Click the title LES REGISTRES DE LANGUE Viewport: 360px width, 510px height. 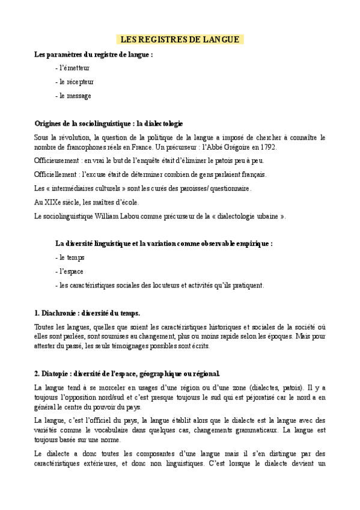click(x=180, y=40)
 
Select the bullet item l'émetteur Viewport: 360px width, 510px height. click(x=74, y=68)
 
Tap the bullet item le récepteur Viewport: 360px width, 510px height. click(x=75, y=82)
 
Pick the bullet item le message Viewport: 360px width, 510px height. click(x=73, y=96)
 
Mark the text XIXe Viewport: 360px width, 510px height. click(x=53, y=202)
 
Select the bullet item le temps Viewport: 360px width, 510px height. click(x=72, y=257)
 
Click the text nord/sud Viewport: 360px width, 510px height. click(x=121, y=398)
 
